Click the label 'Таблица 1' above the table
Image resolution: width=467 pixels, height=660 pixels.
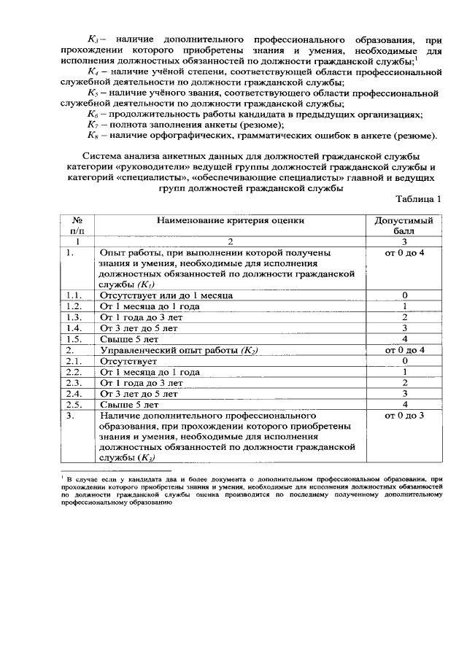pos(418,200)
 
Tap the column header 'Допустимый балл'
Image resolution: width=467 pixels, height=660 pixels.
pos(404,225)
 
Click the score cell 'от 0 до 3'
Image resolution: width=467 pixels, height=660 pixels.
pos(404,416)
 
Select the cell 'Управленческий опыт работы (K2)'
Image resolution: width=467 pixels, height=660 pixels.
pos(179,350)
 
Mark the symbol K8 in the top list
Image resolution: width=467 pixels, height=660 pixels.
pos(93,136)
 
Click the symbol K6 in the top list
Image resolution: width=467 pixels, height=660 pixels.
pos(93,115)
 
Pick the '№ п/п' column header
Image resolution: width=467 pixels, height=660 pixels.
pos(77,225)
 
